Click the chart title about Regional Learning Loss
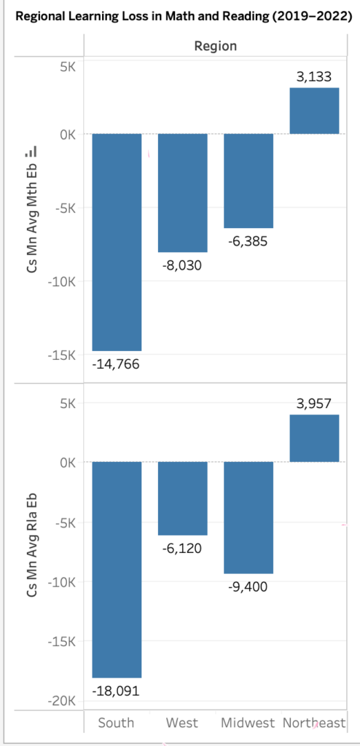pos(179,17)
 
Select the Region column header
pos(215,46)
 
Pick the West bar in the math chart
pos(183,193)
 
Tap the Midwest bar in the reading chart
pos(249,517)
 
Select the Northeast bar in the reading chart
pos(315,438)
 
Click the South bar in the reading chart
pos(117,569)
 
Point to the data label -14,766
pos(117,362)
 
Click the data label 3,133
pos(315,76)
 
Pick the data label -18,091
pos(117,690)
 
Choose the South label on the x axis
pos(117,723)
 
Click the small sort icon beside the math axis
pos(31,152)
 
